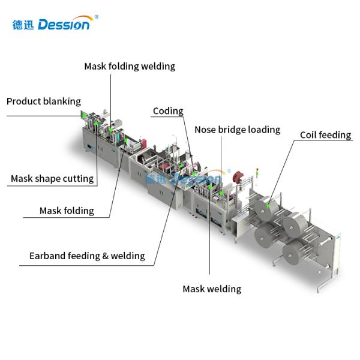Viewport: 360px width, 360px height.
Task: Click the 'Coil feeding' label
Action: [325, 134]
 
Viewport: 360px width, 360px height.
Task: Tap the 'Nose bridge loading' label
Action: [237, 130]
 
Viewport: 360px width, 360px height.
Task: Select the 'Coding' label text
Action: [168, 111]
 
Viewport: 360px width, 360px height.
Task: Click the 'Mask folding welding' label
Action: [130, 66]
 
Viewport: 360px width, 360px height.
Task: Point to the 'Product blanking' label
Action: [43, 101]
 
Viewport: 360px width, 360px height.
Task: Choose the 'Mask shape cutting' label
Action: [52, 178]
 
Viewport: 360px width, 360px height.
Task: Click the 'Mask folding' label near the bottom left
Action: [67, 211]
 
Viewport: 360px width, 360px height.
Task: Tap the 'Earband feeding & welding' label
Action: [87, 256]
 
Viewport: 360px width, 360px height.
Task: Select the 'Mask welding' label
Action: [212, 289]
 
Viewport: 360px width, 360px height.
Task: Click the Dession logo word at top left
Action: [65, 25]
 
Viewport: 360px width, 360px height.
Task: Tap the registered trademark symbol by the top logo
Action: [97, 17]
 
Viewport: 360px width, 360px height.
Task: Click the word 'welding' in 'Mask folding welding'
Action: [157, 66]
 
